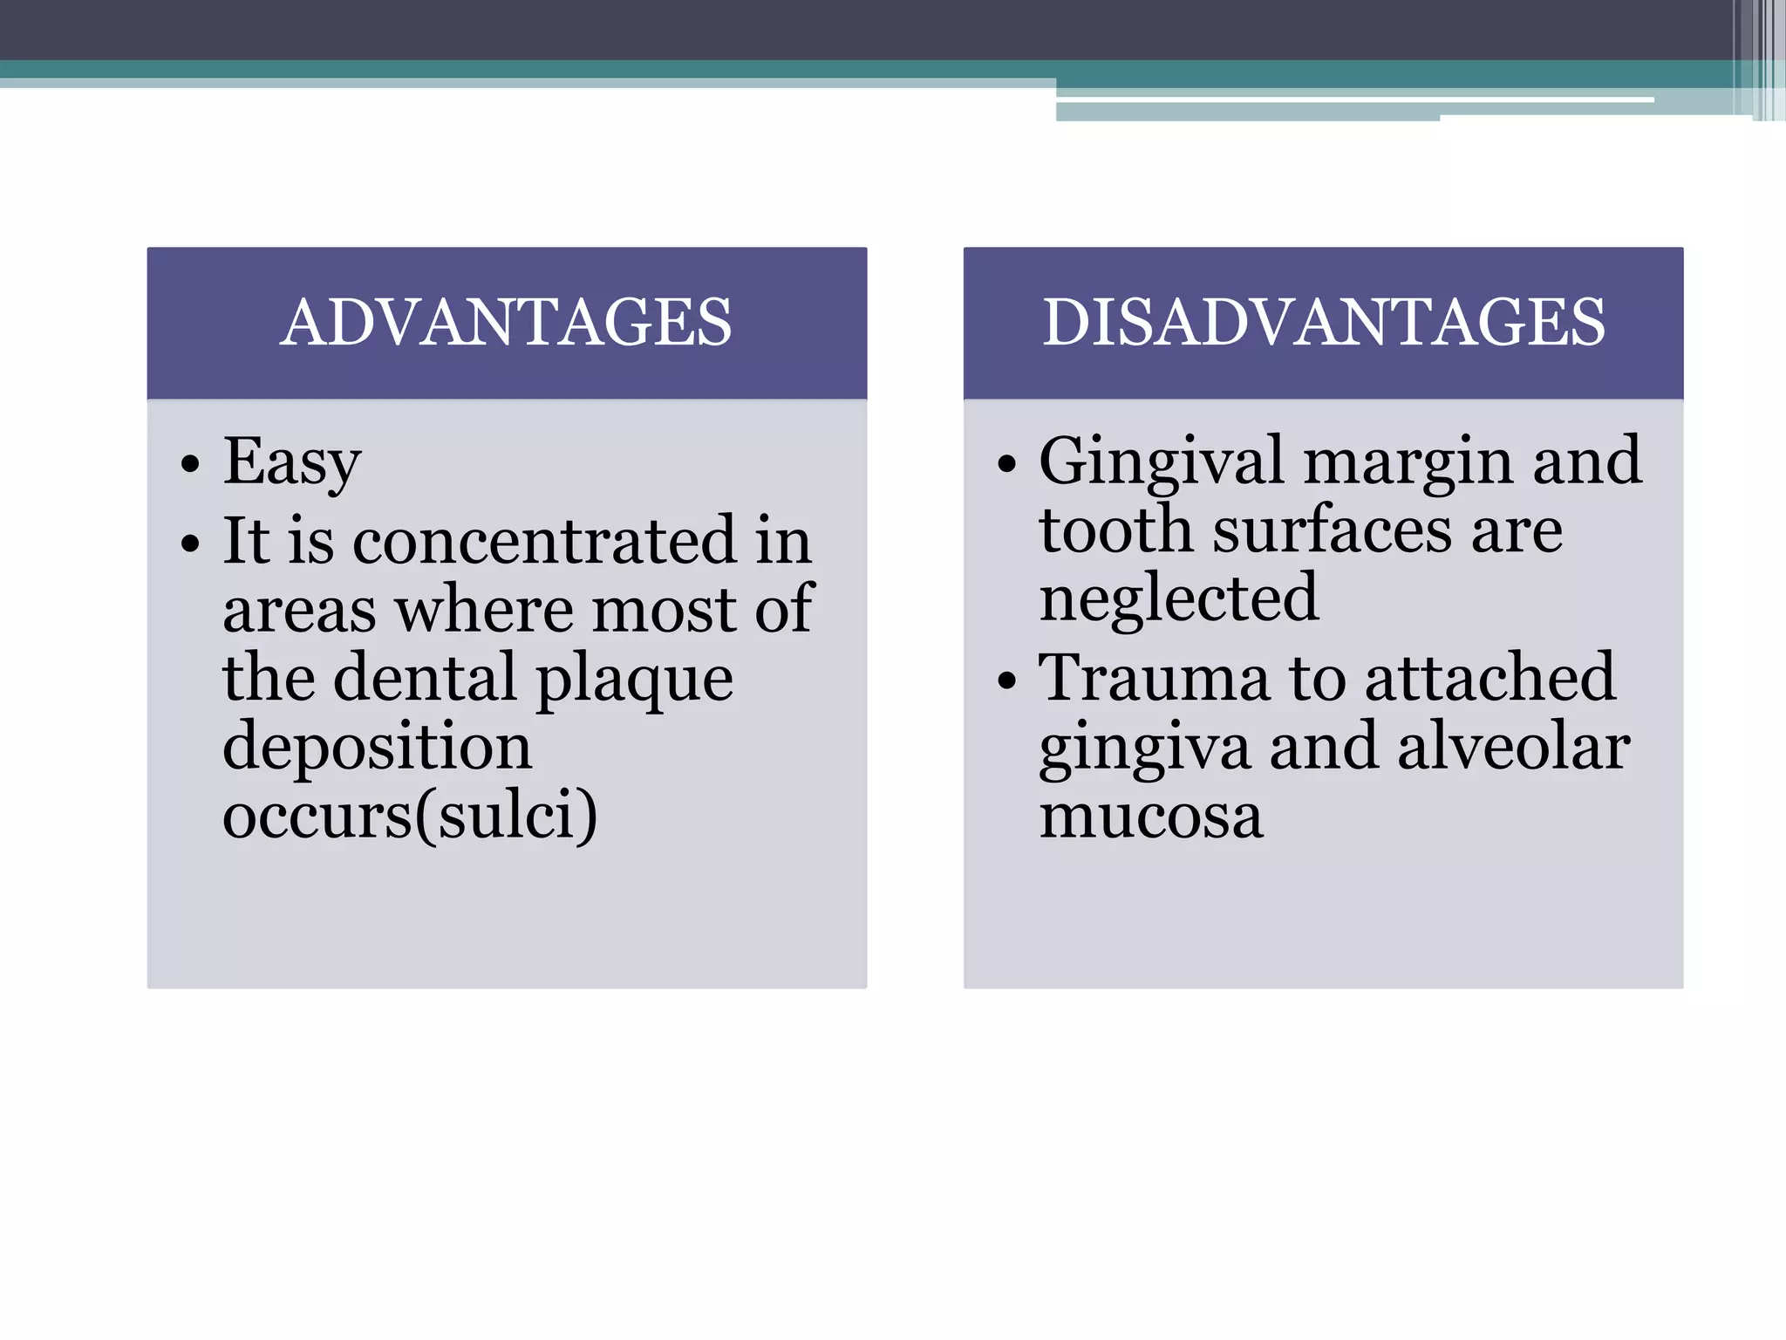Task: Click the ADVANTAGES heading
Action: click(x=506, y=323)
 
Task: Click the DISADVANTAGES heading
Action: click(x=1323, y=323)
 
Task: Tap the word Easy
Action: click(x=292, y=462)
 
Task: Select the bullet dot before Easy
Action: click(x=190, y=464)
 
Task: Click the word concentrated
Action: click(x=545, y=541)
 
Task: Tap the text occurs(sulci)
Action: click(x=410, y=816)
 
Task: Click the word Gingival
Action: click(x=1161, y=462)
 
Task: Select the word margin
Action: click(x=1408, y=462)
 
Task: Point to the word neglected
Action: click(x=1179, y=599)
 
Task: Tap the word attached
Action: click(x=1490, y=678)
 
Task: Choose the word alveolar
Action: click(x=1514, y=748)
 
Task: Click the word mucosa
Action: click(x=1151, y=817)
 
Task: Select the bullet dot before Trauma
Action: click(x=1006, y=680)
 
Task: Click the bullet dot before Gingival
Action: click(x=1006, y=464)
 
